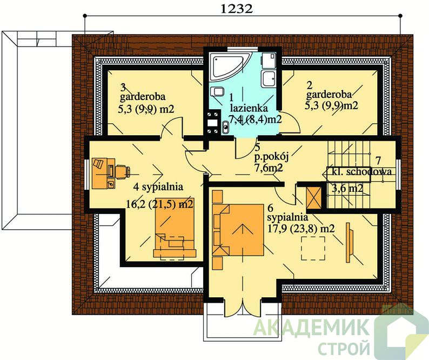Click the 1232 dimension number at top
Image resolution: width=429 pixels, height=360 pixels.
tap(236, 9)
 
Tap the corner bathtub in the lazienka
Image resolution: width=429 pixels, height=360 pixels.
tap(229, 67)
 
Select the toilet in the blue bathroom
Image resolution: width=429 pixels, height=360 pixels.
tap(218, 91)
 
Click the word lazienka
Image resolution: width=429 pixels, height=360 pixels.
tap(249, 108)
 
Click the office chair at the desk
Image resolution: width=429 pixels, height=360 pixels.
tap(122, 172)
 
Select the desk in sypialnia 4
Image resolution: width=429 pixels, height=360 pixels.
tap(103, 174)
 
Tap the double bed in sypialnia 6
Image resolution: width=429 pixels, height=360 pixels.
tap(238, 230)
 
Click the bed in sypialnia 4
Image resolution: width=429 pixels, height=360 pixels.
tap(175, 228)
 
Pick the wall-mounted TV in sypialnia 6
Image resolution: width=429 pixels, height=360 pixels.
tap(350, 243)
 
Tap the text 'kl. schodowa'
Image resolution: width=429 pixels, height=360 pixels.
tap(361, 172)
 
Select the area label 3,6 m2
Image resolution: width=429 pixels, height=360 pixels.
tap(347, 188)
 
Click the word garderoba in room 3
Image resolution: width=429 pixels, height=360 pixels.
tap(143, 97)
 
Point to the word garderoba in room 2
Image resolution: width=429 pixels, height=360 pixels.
tap(329, 95)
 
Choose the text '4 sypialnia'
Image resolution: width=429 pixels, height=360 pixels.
tap(158, 187)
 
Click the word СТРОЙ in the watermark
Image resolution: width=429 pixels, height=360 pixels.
tap(344, 346)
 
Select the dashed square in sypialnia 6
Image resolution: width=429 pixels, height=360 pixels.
tap(313, 248)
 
